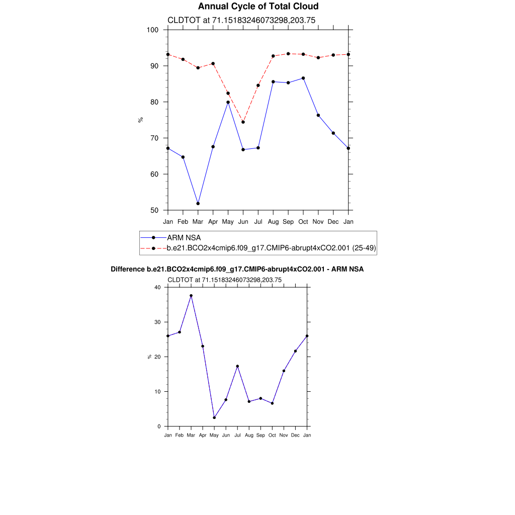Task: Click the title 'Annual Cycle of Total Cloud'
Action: pos(258,6)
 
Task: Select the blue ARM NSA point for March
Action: pos(198,204)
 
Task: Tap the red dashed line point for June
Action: pos(243,122)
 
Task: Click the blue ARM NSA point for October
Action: pos(303,78)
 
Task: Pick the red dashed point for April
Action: pos(213,64)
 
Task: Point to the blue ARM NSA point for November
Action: pos(318,115)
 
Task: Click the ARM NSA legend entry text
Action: pos(184,237)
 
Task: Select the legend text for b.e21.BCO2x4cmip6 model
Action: pos(271,248)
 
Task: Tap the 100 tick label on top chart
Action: pos(152,30)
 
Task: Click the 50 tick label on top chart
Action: pos(154,210)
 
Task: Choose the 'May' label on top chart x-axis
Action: pos(228,222)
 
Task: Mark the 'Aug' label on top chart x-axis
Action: pos(273,222)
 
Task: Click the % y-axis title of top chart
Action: pos(141,120)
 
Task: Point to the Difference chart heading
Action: pos(237,270)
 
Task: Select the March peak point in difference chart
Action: pos(191,296)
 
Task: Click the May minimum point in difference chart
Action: pos(214,418)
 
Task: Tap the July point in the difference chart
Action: pos(237,366)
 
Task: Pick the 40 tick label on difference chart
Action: pos(157,287)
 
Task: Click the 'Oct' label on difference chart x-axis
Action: pos(272,435)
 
